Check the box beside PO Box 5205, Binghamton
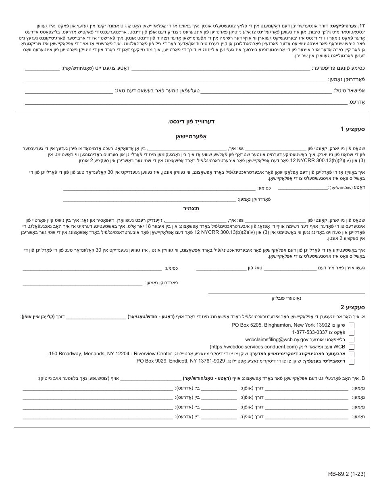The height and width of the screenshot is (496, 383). pyautogui.click(x=352, y=325)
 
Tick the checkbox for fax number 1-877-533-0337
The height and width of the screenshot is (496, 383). pyautogui.click(x=352, y=333)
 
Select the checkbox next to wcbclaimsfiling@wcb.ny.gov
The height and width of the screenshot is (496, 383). pyautogui.click(x=352, y=340)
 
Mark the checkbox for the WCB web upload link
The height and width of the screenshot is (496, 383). pyautogui.click(x=352, y=347)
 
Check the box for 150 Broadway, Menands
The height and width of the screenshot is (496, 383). pyautogui.click(x=352, y=354)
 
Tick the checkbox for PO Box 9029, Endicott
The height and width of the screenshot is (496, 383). pyautogui.click(x=352, y=361)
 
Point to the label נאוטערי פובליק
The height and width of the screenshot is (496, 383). pyautogui.click(x=286, y=298)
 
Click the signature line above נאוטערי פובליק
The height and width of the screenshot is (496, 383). pyautogui.click(x=286, y=293)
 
